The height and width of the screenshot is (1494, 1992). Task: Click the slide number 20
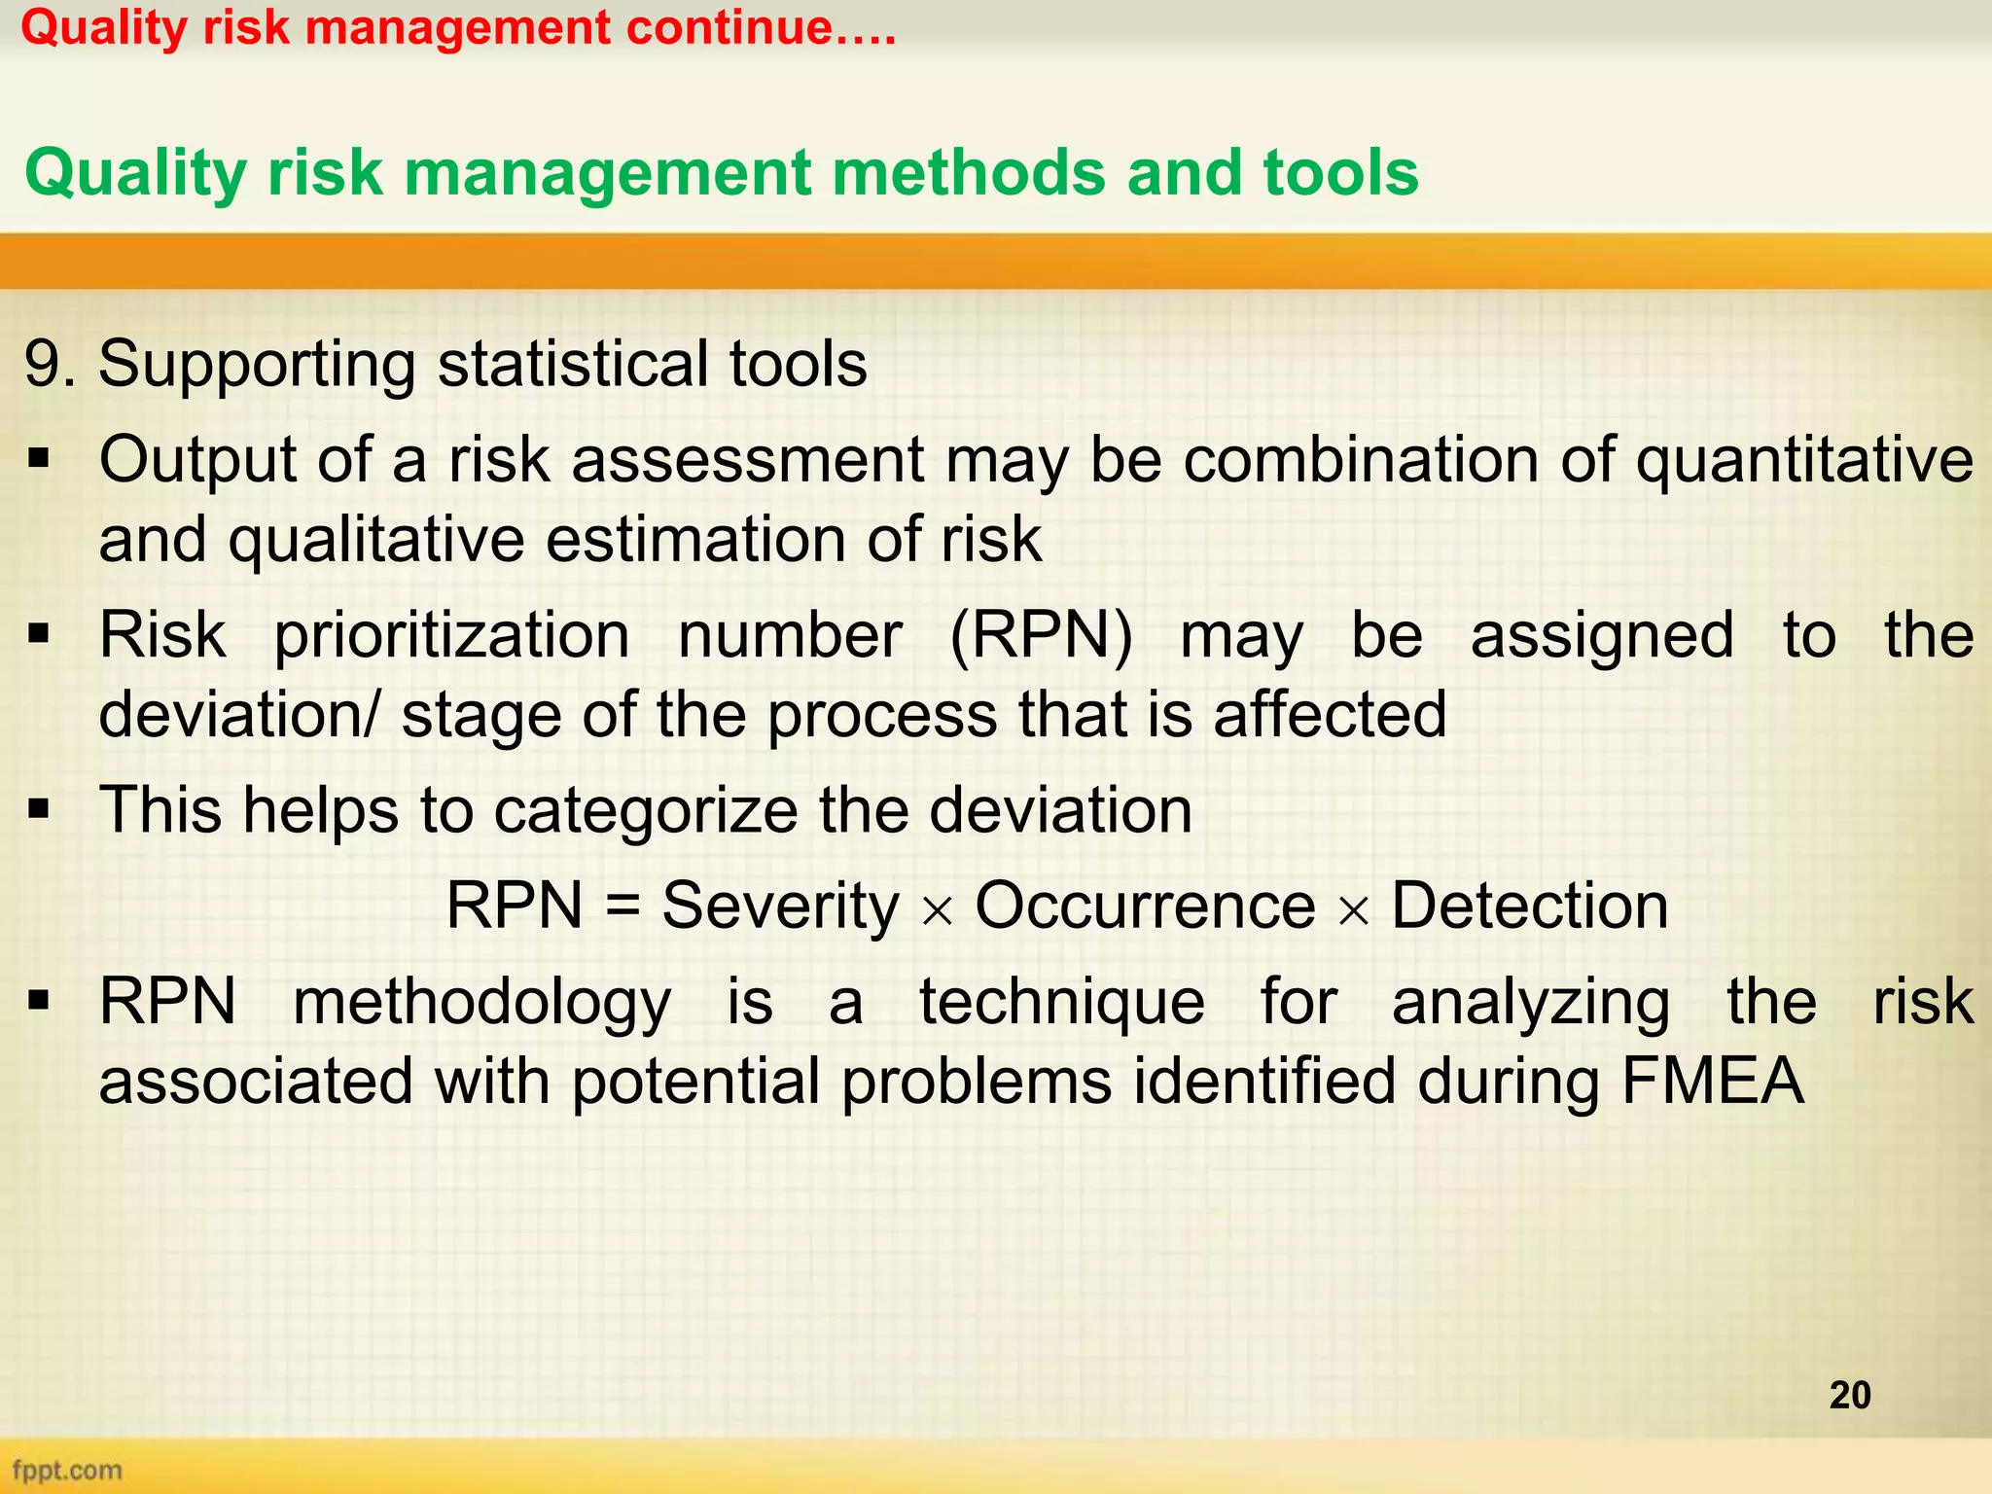pyautogui.click(x=1849, y=1395)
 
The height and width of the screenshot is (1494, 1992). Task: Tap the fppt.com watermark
pyautogui.click(x=67, y=1469)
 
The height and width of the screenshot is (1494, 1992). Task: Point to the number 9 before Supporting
pyautogui.click(x=43, y=365)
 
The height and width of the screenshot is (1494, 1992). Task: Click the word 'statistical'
pyautogui.click(x=574, y=365)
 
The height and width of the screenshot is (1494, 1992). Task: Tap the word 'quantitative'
pyautogui.click(x=1804, y=459)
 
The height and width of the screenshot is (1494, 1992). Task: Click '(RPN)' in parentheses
pyautogui.click(x=1040, y=636)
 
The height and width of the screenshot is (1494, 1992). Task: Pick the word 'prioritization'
pyautogui.click(x=451, y=636)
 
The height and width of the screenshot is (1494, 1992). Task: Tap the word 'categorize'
pyautogui.click(x=646, y=810)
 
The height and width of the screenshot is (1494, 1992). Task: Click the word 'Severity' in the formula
pyautogui.click(x=780, y=906)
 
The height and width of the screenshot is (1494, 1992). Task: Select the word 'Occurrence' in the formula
pyautogui.click(x=1145, y=906)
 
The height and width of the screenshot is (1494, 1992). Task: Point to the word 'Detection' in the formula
pyautogui.click(x=1529, y=906)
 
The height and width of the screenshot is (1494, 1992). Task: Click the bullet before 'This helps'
pyautogui.click(x=39, y=809)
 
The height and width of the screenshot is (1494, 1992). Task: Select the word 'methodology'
pyautogui.click(x=481, y=1002)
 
